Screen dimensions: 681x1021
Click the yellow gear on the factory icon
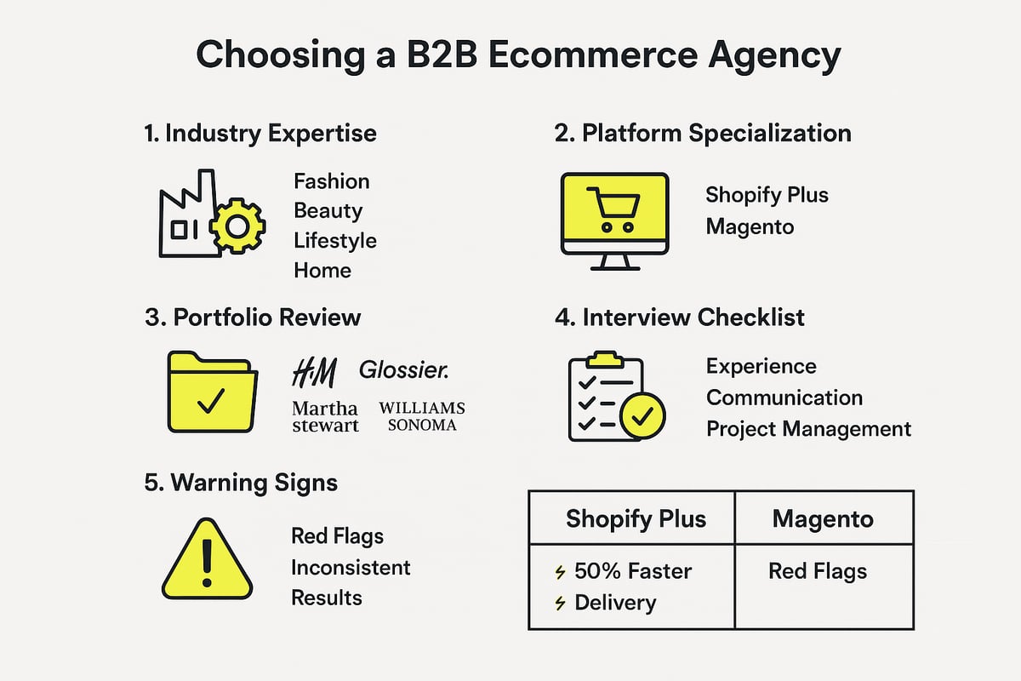click(x=237, y=226)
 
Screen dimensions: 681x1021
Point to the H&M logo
click(x=314, y=372)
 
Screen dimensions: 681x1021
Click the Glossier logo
click(x=404, y=369)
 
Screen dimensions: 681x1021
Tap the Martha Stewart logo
click(x=325, y=417)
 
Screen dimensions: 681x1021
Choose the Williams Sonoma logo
click(x=422, y=417)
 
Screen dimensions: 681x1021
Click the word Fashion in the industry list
click(x=332, y=181)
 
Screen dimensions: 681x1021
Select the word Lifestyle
click(x=335, y=241)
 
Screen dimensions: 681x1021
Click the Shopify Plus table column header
click(x=636, y=518)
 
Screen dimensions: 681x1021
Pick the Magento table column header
click(x=823, y=518)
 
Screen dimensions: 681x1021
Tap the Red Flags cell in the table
click(x=818, y=571)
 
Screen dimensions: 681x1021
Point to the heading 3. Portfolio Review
click(x=254, y=318)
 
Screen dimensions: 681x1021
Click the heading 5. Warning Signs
click(x=241, y=483)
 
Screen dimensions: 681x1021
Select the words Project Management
click(x=808, y=428)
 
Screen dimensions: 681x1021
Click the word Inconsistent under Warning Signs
click(x=351, y=567)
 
